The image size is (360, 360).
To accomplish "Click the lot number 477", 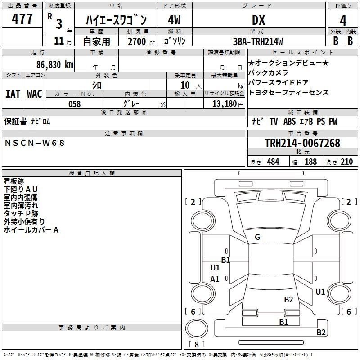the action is pyautogui.click(x=22, y=18).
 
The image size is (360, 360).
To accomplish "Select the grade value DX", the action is pyautogui.click(x=258, y=20).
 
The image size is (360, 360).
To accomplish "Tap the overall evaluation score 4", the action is pyautogui.click(x=343, y=21).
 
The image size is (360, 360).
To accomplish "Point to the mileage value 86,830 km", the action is pyautogui.click(x=54, y=65).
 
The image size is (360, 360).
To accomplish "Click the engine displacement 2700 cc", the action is pyautogui.click(x=141, y=41).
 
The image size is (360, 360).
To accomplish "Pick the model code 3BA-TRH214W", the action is pyautogui.click(x=258, y=41).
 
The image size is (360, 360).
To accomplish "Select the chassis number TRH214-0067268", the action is pyautogui.click(x=302, y=143).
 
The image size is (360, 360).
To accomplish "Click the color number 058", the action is pyautogui.click(x=75, y=104).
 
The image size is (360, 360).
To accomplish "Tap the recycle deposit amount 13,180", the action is pyautogui.click(x=225, y=104).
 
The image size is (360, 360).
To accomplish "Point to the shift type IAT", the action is pyautogui.click(x=13, y=94).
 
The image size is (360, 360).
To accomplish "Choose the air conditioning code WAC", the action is pyautogui.click(x=35, y=94).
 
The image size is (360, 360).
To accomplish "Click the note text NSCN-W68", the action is pyautogui.click(x=35, y=143).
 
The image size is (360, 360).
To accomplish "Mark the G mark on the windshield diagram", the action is pyautogui.click(x=257, y=237).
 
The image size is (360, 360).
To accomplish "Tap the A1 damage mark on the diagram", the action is pyautogui.click(x=215, y=279).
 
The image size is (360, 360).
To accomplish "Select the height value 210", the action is pyautogui.click(x=346, y=162).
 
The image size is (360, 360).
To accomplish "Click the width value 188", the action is pyautogui.click(x=310, y=162).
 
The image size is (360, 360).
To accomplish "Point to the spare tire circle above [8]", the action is pyautogui.click(x=197, y=328).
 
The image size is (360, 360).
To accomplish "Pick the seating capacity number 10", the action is pyautogui.click(x=185, y=85).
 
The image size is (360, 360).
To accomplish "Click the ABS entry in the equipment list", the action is pyautogui.click(x=289, y=121).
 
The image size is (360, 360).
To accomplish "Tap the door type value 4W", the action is pyautogui.click(x=174, y=20).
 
